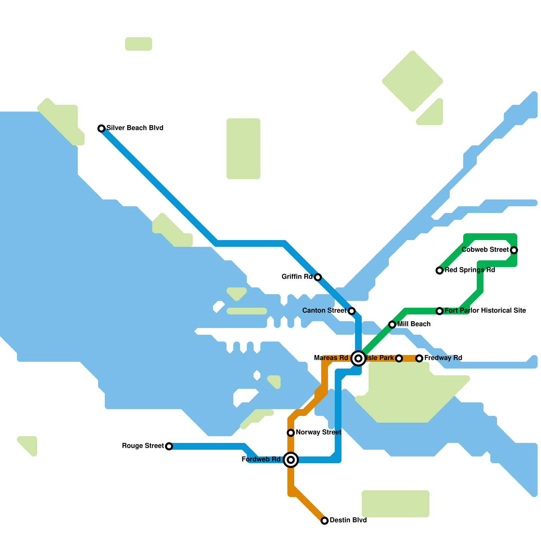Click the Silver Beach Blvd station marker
[101, 128]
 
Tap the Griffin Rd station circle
[318, 277]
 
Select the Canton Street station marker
[352, 311]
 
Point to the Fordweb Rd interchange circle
[291, 460]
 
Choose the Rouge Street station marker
[169, 446]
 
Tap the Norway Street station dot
[291, 433]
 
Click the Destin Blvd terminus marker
[325, 521]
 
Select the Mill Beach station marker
[392, 325]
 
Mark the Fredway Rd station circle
[419, 358]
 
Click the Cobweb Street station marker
[514, 250]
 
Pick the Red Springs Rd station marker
[440, 270]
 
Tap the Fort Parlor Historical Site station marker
[440, 311]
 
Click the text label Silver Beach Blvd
[135, 128]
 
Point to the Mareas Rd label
[331, 358]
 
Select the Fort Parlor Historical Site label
[485, 310]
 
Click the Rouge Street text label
[143, 446]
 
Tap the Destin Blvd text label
[348, 520]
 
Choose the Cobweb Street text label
[485, 250]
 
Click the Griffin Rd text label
[297, 277]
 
